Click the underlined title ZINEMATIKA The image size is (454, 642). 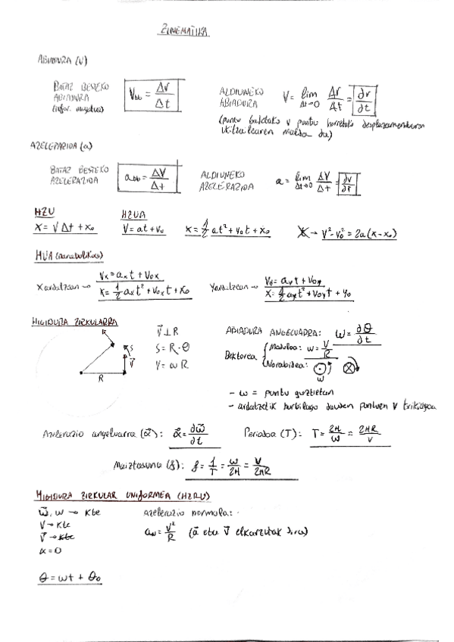185,33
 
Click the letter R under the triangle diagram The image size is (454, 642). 99,381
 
